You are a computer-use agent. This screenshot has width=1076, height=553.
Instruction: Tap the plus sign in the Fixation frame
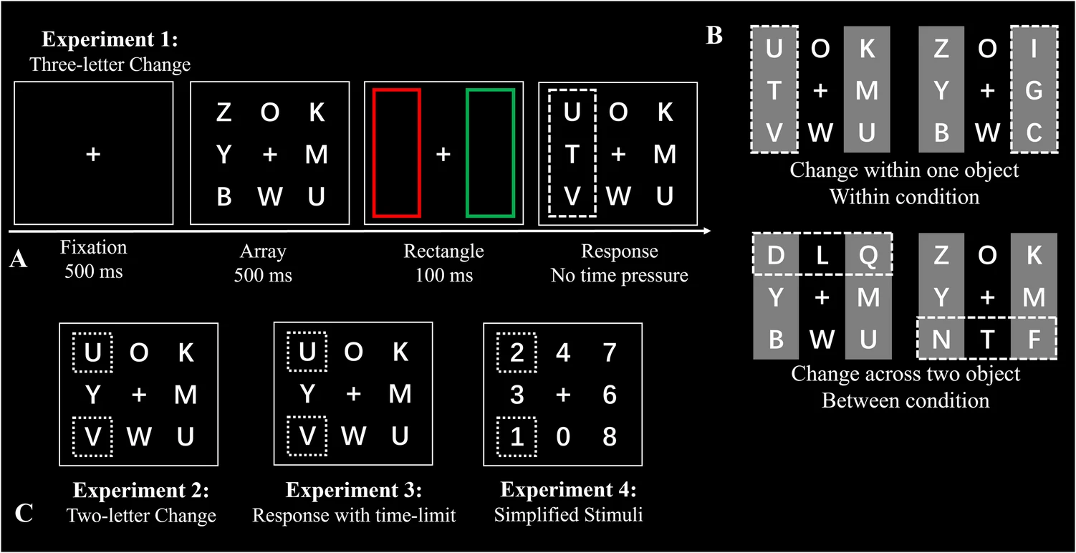click(x=93, y=154)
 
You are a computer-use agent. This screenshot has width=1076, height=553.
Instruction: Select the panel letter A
click(x=19, y=259)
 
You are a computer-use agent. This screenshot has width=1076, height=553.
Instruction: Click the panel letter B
click(x=714, y=36)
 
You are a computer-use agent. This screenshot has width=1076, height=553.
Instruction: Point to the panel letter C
click(x=23, y=514)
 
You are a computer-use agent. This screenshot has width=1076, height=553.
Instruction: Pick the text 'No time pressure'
click(x=619, y=274)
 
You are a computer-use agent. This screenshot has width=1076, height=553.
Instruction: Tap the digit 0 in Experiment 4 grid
click(x=564, y=437)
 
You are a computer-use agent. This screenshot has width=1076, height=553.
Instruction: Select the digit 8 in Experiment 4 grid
click(x=609, y=437)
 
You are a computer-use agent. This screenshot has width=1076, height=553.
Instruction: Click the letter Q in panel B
click(x=868, y=255)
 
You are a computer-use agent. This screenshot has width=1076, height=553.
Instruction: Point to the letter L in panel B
click(x=822, y=255)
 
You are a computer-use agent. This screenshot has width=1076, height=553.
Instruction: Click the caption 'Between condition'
click(x=906, y=400)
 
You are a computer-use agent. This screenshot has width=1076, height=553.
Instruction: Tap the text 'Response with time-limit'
click(x=353, y=515)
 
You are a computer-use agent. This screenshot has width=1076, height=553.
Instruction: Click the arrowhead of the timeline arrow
click(x=707, y=231)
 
